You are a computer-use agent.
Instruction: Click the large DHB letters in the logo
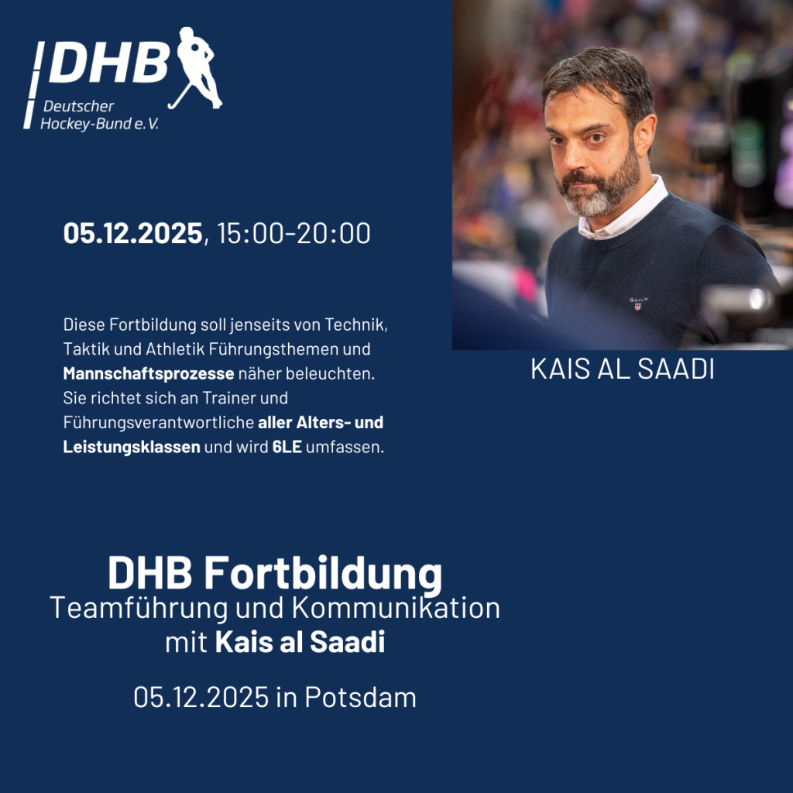pos(109,63)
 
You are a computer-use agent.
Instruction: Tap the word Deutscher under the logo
pos(78,106)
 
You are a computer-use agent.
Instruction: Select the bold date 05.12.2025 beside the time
pos(132,233)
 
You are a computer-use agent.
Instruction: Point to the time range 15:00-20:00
pos(294,233)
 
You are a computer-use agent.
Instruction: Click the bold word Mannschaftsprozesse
pos(149,374)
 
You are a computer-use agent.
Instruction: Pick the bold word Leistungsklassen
pos(132,447)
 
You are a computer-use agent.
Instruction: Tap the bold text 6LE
pos(287,447)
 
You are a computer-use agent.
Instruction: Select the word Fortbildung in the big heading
pos(323,573)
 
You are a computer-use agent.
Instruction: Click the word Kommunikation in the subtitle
pos(396,608)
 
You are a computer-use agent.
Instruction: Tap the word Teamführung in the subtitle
pos(139,609)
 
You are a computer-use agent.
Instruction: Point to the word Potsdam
pos(360,698)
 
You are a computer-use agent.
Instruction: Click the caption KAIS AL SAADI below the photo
pos(623,369)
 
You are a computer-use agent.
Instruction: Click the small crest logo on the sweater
pos(638,304)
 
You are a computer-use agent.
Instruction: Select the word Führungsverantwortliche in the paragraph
pos(158,423)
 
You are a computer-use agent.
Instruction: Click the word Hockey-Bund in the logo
pos(85,124)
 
